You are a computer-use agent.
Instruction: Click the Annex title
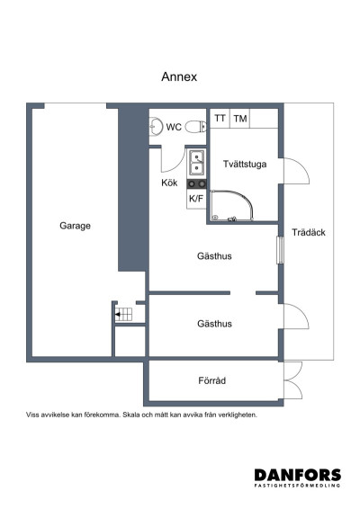(x=179, y=77)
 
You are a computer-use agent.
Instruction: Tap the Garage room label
(x=75, y=226)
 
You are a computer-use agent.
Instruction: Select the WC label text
(x=174, y=127)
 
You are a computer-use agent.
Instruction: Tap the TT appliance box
(x=220, y=119)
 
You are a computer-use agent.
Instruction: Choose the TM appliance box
(x=239, y=119)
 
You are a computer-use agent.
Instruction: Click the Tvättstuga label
(x=244, y=164)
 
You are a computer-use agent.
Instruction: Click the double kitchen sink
(x=195, y=163)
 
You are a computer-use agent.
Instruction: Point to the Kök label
(x=169, y=183)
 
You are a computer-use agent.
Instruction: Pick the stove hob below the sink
(x=195, y=184)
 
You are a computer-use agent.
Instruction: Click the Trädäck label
(x=308, y=232)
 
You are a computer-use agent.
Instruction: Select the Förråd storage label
(x=211, y=381)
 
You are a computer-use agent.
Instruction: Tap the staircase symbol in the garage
(x=123, y=314)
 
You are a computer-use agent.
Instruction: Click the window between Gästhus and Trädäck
(x=280, y=249)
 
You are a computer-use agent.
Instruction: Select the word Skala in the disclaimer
(x=135, y=415)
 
